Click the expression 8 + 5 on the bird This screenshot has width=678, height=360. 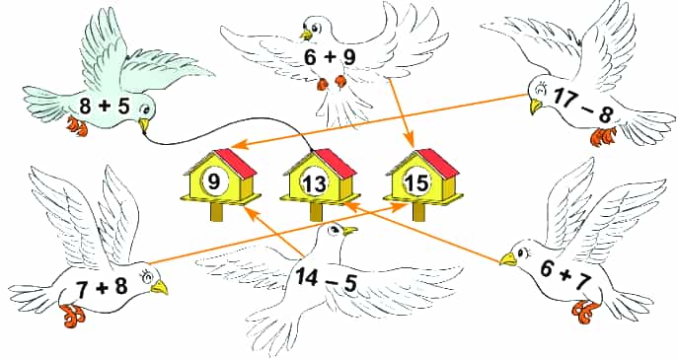[105, 106]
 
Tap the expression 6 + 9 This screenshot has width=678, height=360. [330, 57]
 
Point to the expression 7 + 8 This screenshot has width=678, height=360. [102, 287]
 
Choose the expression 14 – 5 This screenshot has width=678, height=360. [326, 279]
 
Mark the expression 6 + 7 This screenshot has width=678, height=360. [565, 276]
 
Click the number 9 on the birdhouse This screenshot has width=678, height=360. [214, 181]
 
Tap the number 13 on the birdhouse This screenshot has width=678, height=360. [315, 184]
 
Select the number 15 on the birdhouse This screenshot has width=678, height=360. [416, 183]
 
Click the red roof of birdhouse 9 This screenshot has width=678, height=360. [237, 163]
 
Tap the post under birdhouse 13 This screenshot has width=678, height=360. [317, 212]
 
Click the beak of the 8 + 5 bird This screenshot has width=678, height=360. [144, 125]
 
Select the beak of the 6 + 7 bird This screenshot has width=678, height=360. [508, 258]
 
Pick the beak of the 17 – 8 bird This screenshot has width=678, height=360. [536, 106]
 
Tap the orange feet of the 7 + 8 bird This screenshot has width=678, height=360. [72, 316]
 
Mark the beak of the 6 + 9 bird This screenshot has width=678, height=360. [307, 35]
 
